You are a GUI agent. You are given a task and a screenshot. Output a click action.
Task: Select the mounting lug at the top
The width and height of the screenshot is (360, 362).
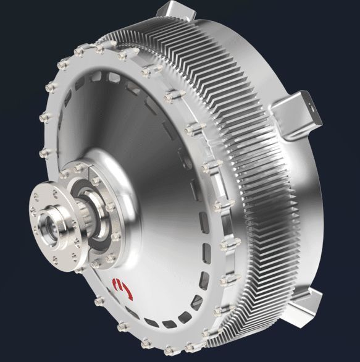coord(172,13)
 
